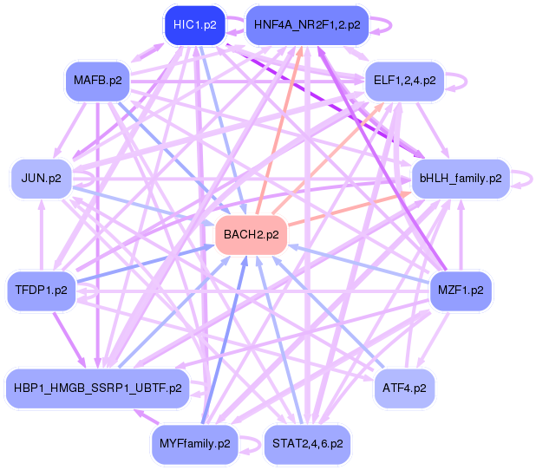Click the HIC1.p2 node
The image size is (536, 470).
tap(194, 24)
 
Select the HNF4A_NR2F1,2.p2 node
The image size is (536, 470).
tap(307, 25)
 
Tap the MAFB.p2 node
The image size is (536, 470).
tap(97, 81)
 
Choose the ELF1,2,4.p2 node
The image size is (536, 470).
tap(404, 81)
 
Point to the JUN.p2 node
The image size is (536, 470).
tap(42, 179)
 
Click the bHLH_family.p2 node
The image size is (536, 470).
tap(461, 179)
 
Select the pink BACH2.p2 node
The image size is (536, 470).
tap(251, 234)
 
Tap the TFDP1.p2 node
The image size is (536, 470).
tap(42, 289)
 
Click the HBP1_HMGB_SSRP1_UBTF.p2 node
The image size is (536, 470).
tap(97, 388)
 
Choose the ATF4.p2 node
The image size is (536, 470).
tap(404, 388)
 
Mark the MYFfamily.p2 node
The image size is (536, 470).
tap(195, 443)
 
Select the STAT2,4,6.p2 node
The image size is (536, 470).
tap(307, 443)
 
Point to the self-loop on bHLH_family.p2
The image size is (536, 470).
tap(524, 179)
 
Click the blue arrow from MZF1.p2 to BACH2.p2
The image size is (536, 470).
tap(360, 262)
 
